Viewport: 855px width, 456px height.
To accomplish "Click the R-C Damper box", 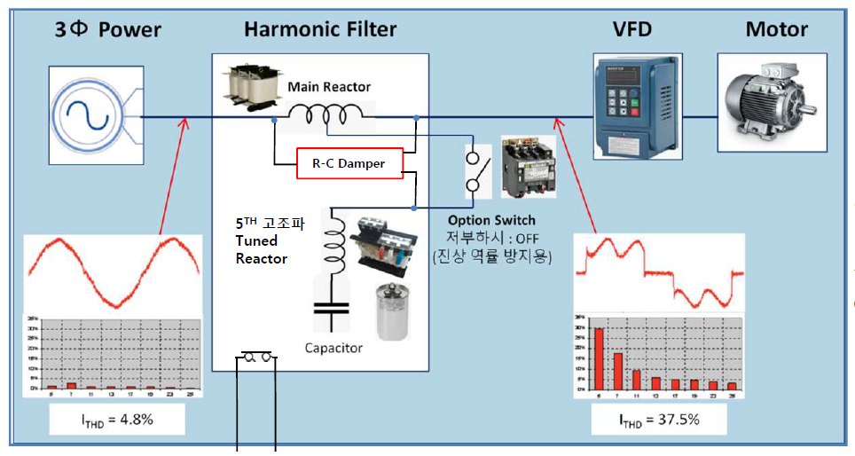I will point(349,162).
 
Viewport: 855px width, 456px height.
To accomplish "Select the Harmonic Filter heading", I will point(320,29).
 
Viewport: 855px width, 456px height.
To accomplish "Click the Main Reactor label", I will point(329,87).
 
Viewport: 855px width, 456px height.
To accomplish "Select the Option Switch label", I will point(491,220).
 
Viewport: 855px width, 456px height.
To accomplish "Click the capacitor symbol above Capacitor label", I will point(333,310).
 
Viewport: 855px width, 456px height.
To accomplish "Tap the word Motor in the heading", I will point(776,29).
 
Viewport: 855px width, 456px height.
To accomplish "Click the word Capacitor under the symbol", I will point(333,348).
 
